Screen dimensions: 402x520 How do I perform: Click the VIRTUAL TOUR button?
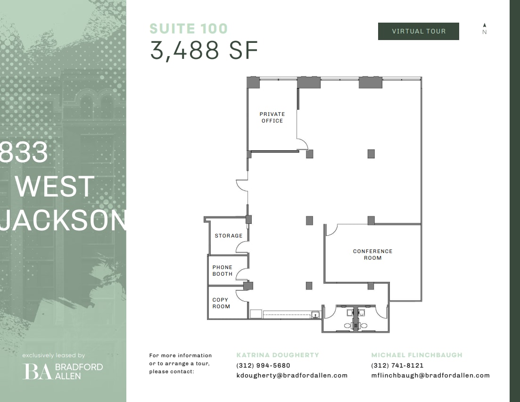coord(418,31)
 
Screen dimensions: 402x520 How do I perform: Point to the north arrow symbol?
coord(484,26)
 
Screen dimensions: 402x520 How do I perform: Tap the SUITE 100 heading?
coord(188,29)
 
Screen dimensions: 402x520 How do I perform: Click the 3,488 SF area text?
coord(204,50)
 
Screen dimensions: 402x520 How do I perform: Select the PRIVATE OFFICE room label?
coord(272,117)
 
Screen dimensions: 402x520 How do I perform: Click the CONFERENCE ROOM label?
coord(372,254)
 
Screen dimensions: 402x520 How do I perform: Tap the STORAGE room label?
coord(228,236)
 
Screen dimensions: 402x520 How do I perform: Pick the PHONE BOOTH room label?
coord(222,271)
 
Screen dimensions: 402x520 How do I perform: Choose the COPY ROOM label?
coord(220,303)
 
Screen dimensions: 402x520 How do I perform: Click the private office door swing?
coord(302,144)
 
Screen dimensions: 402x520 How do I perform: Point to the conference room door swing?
coord(331,230)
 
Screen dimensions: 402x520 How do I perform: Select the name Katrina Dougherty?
coord(277,355)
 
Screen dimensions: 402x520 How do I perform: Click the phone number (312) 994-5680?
coord(263,365)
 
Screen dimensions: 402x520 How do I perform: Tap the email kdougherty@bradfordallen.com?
coord(292,376)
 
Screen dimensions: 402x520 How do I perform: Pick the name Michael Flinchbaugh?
coord(416,355)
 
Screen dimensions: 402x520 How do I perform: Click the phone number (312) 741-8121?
coord(397,365)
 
